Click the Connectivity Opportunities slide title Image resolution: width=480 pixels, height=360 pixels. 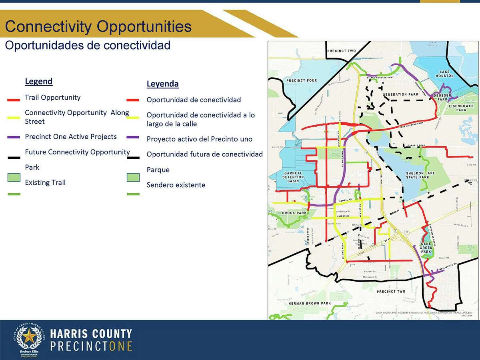click(x=98, y=27)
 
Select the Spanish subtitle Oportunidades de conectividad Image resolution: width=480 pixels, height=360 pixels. click(x=88, y=45)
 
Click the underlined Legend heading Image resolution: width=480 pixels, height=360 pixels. click(x=38, y=82)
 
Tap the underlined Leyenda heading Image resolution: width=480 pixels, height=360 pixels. click(x=162, y=84)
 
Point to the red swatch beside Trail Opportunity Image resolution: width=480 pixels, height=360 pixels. click(x=14, y=98)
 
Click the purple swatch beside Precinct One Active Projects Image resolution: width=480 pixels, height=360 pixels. click(x=14, y=137)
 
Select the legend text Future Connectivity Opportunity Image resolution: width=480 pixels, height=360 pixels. click(x=77, y=152)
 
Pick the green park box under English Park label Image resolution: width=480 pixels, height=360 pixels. click(x=14, y=177)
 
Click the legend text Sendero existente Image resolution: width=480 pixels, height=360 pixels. click(x=176, y=185)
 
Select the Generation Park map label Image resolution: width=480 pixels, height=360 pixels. click(x=400, y=95)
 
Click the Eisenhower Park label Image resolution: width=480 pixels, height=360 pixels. click(x=460, y=108)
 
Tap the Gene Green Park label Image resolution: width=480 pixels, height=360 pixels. click(x=426, y=248)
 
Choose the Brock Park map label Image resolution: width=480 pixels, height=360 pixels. click(x=294, y=213)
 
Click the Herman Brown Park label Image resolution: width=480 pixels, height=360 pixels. click(x=310, y=304)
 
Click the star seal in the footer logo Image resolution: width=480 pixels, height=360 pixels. click(x=28, y=337)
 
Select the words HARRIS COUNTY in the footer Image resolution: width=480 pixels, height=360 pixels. click(x=91, y=334)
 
